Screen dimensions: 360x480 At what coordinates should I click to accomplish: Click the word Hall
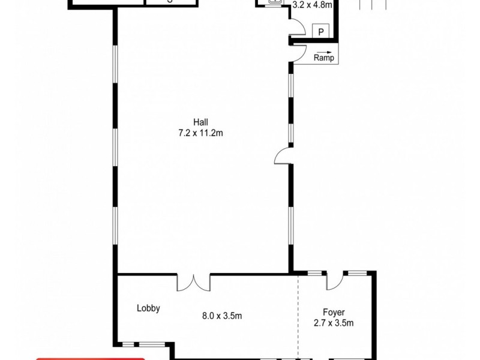(201, 121)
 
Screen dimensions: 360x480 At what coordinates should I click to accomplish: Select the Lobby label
(148, 308)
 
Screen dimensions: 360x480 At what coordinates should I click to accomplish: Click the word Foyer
(334, 312)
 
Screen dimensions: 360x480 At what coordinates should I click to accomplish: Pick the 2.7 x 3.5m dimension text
(334, 323)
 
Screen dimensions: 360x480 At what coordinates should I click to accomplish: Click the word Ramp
(324, 58)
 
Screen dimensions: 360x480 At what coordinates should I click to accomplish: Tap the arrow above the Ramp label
(324, 51)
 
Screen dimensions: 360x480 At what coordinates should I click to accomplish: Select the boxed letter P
(321, 32)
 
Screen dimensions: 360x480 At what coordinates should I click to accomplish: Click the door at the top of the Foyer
(335, 279)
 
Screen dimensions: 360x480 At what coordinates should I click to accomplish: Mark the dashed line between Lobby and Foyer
(298, 318)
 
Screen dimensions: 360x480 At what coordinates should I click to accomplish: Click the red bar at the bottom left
(90, 358)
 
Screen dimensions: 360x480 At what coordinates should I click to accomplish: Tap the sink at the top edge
(275, 2)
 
